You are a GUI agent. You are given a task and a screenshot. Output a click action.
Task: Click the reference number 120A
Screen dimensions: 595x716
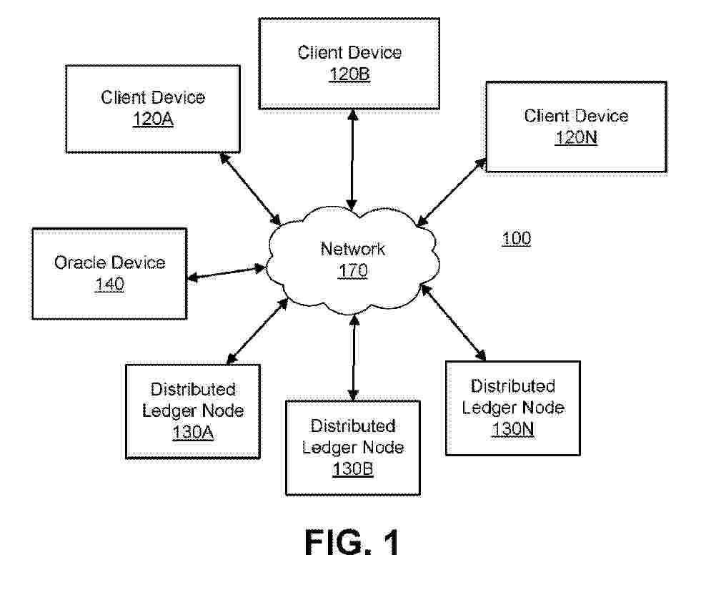click(153, 120)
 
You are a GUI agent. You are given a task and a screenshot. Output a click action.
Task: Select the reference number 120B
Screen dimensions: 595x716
click(349, 74)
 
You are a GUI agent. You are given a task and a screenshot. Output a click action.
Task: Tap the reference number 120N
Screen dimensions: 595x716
click(576, 138)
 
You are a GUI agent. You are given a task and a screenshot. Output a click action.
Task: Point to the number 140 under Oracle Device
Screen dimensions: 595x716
click(109, 285)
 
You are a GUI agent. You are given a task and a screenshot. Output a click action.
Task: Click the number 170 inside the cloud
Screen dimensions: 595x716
click(353, 271)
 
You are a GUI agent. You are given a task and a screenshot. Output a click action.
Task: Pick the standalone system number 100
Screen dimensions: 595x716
click(517, 238)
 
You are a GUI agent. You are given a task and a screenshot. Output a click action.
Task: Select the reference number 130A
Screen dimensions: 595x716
click(193, 433)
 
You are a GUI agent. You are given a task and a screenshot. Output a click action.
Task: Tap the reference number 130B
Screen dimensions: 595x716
click(353, 469)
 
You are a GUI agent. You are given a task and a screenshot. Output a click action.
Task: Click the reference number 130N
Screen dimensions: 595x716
click(513, 429)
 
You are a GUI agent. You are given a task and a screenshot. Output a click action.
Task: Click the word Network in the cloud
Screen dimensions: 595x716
click(353, 249)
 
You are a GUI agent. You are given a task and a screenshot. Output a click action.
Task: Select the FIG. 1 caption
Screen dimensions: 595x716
click(352, 544)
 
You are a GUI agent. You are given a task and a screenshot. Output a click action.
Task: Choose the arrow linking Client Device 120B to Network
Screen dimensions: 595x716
click(352, 158)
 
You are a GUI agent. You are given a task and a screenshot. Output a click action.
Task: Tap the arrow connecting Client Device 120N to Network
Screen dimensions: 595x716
click(452, 192)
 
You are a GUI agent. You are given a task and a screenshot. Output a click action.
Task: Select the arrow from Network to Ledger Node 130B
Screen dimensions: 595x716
click(353, 360)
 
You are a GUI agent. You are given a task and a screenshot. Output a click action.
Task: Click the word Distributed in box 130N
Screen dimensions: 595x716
click(513, 386)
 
